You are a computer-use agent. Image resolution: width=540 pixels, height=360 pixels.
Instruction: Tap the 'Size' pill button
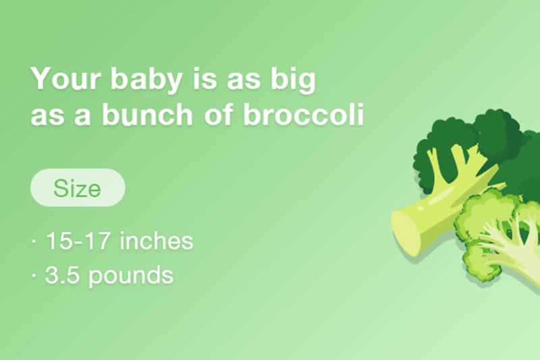[78, 187]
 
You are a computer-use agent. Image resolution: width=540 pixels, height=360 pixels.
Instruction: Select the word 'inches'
[157, 241]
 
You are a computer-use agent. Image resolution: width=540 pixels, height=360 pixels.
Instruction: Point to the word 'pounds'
[131, 276]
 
